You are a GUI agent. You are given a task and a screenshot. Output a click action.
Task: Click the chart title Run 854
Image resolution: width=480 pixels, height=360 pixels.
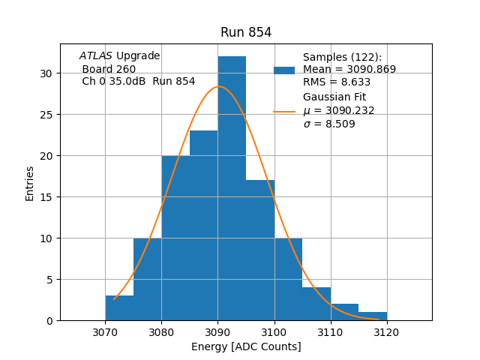(246, 32)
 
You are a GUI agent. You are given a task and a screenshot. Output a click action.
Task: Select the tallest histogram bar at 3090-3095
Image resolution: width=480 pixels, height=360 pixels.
(232, 187)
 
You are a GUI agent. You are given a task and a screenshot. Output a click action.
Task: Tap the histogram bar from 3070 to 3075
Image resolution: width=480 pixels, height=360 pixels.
(119, 308)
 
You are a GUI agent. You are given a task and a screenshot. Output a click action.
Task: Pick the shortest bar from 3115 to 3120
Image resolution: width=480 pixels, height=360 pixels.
(373, 316)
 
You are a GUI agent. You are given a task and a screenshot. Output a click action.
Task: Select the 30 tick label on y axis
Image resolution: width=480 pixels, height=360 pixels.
(46, 73)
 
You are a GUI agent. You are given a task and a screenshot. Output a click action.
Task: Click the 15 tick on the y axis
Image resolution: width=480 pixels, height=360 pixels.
(46, 197)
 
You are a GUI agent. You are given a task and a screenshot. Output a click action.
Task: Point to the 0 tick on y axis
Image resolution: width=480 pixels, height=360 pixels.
(49, 321)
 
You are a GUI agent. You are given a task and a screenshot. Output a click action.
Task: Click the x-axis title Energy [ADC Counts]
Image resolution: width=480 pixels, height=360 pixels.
(246, 346)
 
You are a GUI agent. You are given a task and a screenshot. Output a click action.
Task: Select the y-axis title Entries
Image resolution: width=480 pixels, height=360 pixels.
(30, 183)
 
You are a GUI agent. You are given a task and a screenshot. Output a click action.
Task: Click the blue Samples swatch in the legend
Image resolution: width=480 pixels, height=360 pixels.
(284, 70)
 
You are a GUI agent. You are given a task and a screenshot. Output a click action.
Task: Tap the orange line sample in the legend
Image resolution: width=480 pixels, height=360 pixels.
(284, 111)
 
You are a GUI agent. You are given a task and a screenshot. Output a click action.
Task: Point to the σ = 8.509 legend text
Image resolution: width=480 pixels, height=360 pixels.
(329, 124)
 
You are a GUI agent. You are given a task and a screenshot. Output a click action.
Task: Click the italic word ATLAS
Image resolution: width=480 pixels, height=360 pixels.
(95, 56)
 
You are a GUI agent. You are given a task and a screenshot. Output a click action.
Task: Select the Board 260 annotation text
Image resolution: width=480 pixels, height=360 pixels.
(109, 69)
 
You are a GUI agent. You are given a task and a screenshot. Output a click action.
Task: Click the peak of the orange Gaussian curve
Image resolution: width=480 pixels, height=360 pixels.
(218, 86)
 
